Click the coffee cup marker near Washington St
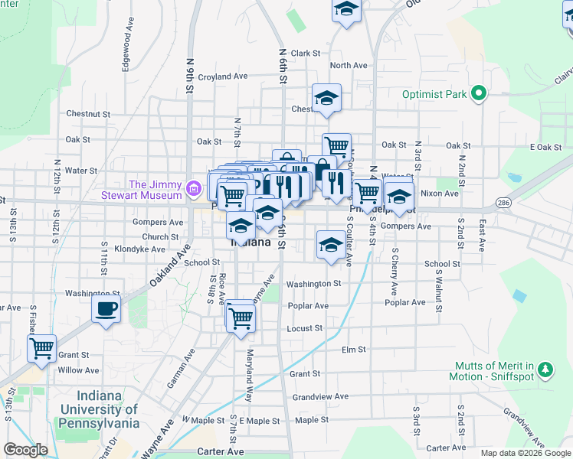point(106,310)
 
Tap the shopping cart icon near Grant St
point(41,348)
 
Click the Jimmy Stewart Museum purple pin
point(194,187)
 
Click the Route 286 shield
point(503,203)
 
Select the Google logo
point(26,450)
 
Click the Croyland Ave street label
point(223,76)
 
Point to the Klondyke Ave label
point(139,249)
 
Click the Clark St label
point(305,54)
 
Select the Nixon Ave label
point(440,194)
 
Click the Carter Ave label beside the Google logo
point(220,452)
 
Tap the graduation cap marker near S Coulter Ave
point(330,246)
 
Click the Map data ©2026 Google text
point(526,453)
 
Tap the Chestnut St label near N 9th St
point(88,114)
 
